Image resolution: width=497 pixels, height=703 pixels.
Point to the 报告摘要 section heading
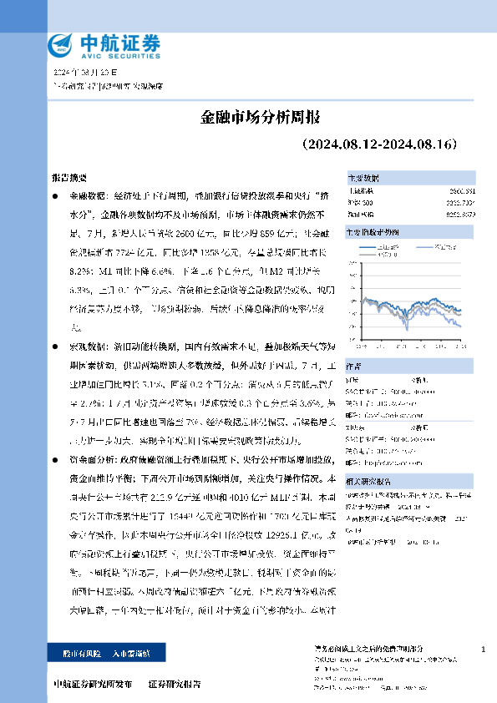68,179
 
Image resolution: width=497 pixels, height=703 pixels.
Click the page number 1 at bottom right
484,649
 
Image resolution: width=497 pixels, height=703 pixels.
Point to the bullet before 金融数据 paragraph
55,195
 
